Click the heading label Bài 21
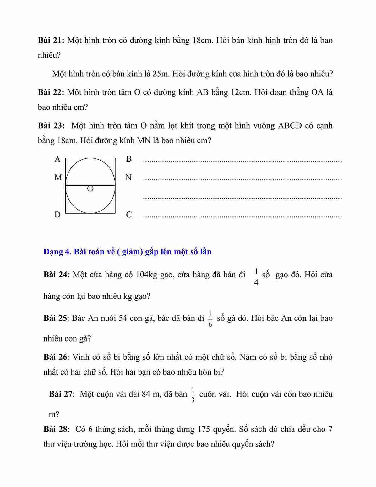pos(51,41)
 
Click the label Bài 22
pos(51,92)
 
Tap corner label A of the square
pos(57,159)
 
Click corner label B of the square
pos(129,159)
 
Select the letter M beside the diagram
pos(58,178)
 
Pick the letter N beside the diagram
pos(128,178)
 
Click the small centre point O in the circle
pos(90,189)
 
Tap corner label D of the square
pos(57,215)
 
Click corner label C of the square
pos(129,215)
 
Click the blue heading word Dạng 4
pos(57,252)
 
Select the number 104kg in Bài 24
pos(146,275)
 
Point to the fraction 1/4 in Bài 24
pos(256,277)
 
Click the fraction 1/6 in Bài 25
pos(210,320)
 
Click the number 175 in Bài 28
pos(204,429)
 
